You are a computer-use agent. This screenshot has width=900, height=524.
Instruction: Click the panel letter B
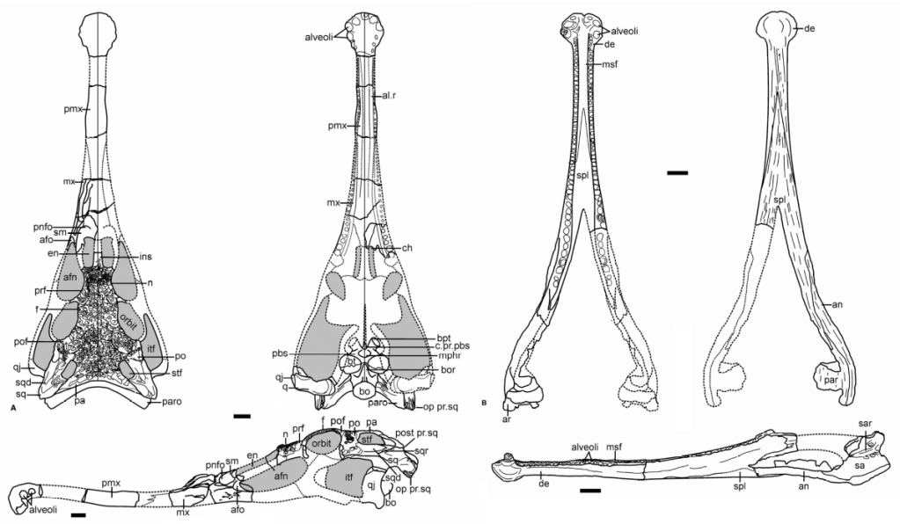coord(487,403)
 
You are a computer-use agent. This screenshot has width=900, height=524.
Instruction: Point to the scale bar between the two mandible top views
coord(677,173)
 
